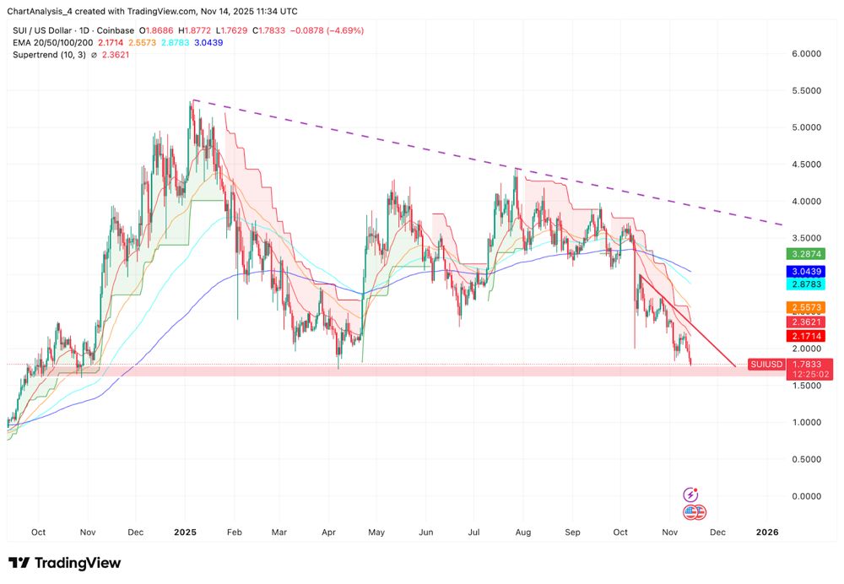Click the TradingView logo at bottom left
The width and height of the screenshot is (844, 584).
tap(64, 563)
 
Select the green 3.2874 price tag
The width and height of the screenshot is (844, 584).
tap(806, 253)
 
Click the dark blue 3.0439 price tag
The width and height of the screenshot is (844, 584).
tap(806, 272)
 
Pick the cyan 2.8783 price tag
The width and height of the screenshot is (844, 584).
tap(806, 286)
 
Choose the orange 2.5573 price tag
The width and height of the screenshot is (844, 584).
tap(806, 307)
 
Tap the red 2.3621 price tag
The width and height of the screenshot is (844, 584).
tap(806, 322)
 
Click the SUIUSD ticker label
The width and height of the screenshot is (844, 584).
tap(765, 365)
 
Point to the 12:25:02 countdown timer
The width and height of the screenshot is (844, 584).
tap(806, 374)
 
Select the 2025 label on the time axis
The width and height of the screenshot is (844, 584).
tap(185, 533)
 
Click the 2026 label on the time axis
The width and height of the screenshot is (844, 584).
tap(767, 533)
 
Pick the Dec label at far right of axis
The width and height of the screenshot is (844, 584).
tap(718, 533)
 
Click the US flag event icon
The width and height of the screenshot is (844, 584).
tap(693, 511)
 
